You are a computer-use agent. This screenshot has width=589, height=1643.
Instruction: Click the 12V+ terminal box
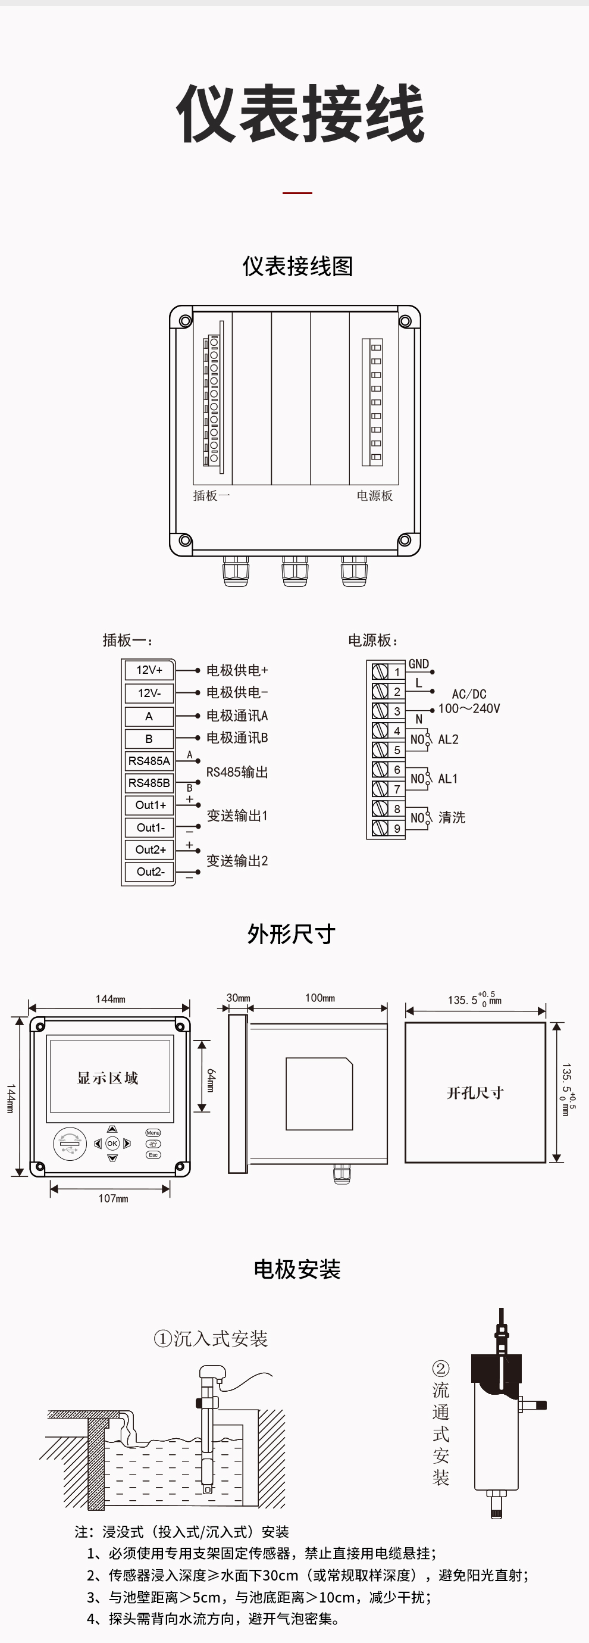(149, 670)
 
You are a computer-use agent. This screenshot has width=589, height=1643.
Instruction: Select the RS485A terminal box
(149, 761)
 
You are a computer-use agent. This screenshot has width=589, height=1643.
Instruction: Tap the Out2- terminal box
(150, 872)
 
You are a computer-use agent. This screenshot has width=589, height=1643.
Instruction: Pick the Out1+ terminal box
(150, 805)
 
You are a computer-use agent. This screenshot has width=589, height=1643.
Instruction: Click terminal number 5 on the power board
(396, 751)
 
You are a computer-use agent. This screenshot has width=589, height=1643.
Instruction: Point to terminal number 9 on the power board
(396, 829)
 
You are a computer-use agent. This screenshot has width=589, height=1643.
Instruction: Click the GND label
(419, 664)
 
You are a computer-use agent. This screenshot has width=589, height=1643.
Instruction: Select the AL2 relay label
(448, 740)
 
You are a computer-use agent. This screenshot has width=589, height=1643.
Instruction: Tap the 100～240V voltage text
(469, 708)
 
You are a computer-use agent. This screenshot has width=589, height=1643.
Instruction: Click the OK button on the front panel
(112, 1144)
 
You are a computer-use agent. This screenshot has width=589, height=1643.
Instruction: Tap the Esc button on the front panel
(153, 1155)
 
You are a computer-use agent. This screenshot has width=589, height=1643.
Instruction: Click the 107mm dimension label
(113, 1198)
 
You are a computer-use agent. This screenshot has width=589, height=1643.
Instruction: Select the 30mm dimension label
(239, 998)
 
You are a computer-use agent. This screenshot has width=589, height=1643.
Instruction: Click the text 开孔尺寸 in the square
(475, 1093)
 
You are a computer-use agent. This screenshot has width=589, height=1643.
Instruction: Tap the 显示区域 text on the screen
(108, 1078)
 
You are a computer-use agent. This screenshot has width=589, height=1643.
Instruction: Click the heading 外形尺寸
(292, 935)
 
